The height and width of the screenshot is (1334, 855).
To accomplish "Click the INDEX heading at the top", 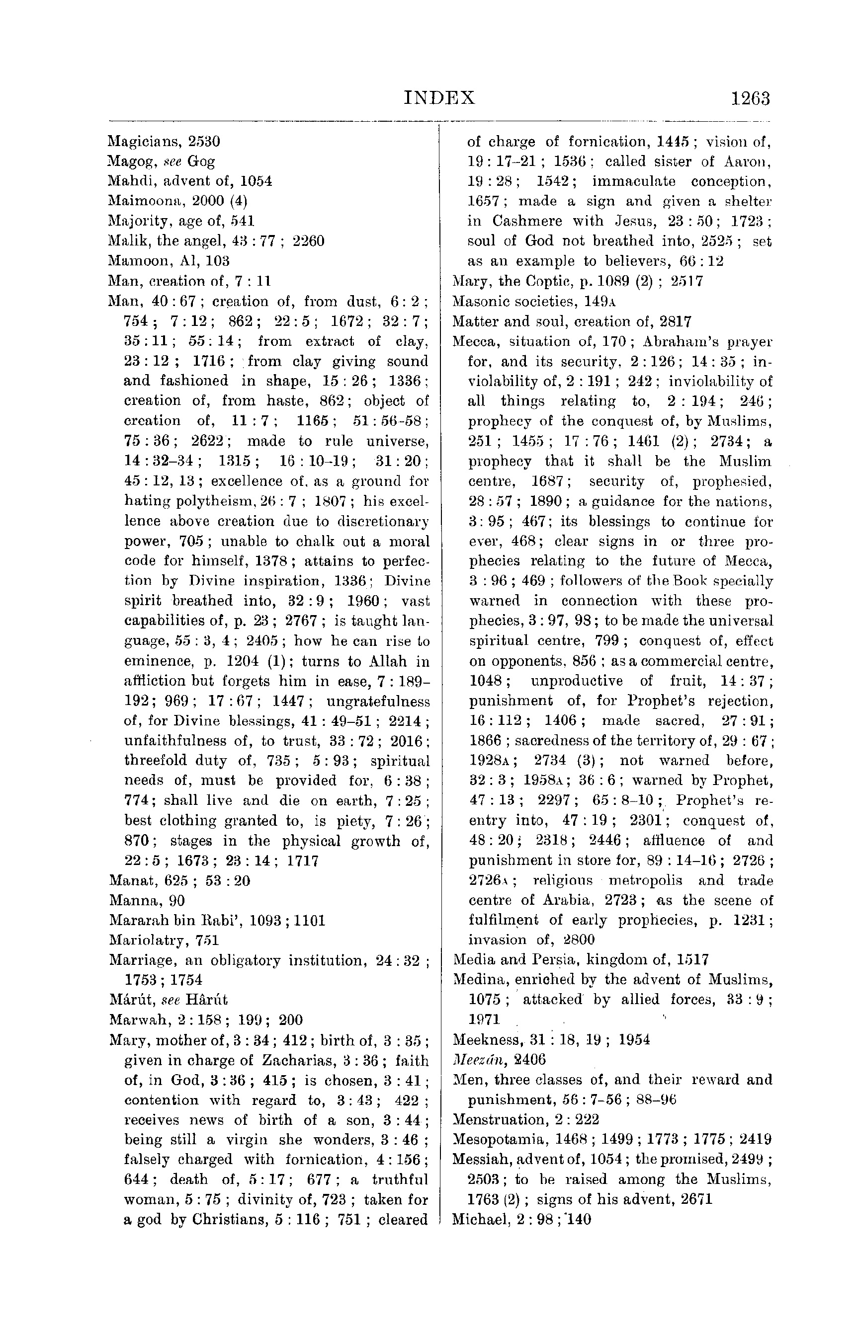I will [439, 98].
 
